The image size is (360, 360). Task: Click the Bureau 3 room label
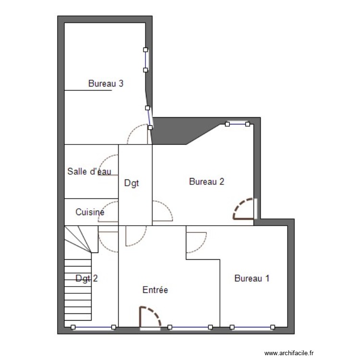(x=106, y=84)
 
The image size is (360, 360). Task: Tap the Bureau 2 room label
(x=206, y=181)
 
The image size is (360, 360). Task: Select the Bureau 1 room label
(x=252, y=278)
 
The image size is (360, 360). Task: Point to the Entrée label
(x=155, y=290)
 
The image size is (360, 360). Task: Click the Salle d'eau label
(x=89, y=171)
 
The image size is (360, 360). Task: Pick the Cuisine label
(x=90, y=212)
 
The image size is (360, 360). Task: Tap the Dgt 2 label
(x=87, y=278)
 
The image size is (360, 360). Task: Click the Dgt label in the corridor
(x=132, y=183)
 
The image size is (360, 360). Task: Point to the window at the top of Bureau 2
(x=237, y=124)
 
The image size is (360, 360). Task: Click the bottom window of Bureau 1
(x=252, y=327)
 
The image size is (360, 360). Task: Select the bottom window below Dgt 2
(x=93, y=327)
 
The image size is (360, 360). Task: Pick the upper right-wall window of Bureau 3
(x=145, y=60)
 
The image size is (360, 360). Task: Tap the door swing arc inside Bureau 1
(x=196, y=242)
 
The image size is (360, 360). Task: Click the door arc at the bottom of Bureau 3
(x=138, y=134)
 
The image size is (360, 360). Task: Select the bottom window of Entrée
(x=190, y=327)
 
